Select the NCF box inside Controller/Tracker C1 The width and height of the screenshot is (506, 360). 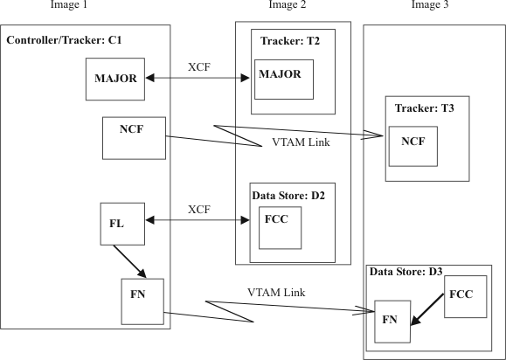(x=134, y=137)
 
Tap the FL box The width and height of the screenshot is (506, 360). (x=116, y=224)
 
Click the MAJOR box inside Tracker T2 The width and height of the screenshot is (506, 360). (x=283, y=80)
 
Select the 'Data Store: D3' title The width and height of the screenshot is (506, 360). (x=407, y=273)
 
